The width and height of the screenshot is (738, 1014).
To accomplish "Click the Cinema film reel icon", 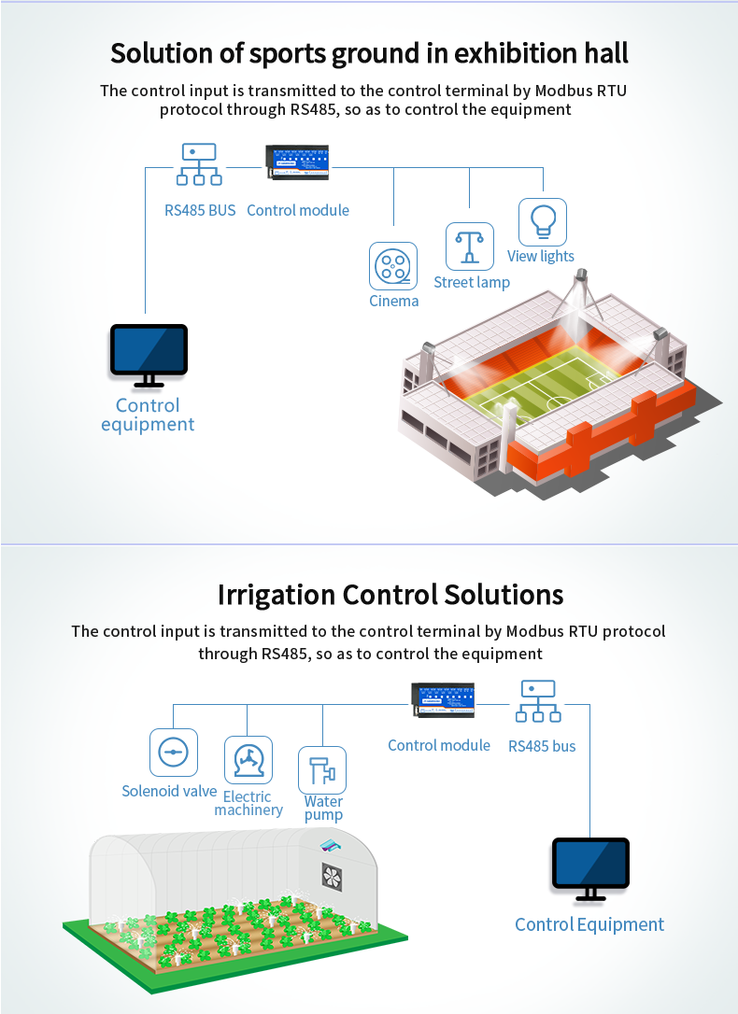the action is (393, 266).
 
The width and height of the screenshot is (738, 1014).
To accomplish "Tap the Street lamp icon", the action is (470, 246).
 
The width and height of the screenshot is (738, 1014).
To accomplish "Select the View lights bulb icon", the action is (543, 222).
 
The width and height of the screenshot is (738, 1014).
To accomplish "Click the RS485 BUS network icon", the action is (199, 164).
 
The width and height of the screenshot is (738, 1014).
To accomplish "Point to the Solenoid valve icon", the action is (174, 752).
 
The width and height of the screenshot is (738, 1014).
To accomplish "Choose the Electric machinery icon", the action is (248, 760).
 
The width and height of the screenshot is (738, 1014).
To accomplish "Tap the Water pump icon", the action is (322, 770).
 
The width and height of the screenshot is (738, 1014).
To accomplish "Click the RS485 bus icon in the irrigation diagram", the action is (538, 701).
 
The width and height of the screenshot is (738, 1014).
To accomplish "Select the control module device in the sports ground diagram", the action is (297, 162).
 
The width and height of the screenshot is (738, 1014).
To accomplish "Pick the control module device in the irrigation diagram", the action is (443, 699).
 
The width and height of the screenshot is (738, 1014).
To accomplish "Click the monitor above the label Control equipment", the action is (149, 355).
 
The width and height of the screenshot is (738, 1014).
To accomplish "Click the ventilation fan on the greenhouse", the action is (333, 877).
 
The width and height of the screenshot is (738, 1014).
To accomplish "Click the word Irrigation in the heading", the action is (277, 595).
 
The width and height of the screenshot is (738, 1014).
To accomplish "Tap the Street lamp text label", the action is (472, 283).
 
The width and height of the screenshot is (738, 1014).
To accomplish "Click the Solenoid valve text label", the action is (169, 791).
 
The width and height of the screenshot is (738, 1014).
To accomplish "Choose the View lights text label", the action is (541, 256).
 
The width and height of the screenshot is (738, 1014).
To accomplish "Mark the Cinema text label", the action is (394, 301).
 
